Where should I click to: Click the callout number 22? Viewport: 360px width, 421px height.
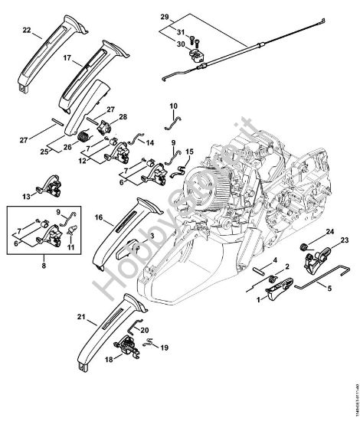pyautogui.click(x=27, y=31)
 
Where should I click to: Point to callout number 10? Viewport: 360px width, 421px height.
pyautogui.click(x=172, y=105)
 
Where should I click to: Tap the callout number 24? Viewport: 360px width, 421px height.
pyautogui.click(x=329, y=231)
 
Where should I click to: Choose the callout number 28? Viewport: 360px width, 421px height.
pyautogui.click(x=123, y=116)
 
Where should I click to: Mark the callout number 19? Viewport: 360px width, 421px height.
pyautogui.click(x=164, y=348)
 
